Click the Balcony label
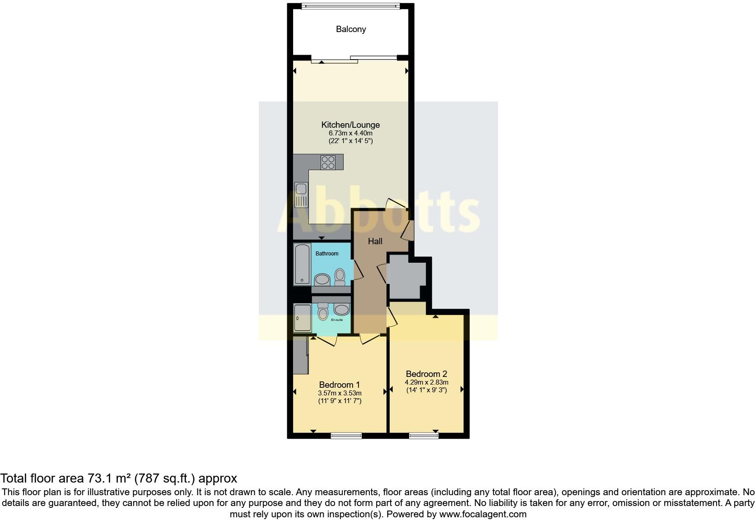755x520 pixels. pos(350,29)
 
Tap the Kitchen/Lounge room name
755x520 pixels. pos(350,125)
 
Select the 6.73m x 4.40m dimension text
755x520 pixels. pos(350,133)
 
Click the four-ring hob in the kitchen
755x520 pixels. pos(328,162)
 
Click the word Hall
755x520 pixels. pos(375,241)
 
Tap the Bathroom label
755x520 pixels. pos(326,254)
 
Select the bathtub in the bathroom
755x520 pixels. pos(302,264)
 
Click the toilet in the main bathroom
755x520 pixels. pos(340,276)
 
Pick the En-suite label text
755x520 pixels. pos(336,320)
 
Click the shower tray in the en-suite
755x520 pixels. pos(302,318)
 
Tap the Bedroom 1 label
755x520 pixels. pos(339,385)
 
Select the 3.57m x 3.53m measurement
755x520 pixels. pos(339,393)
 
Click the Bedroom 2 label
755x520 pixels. pos(426,374)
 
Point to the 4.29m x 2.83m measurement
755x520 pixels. pos(426,382)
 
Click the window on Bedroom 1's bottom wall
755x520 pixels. pos(346,436)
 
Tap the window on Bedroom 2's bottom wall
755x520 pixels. pos(424,436)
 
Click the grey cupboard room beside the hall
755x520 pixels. pos(406,276)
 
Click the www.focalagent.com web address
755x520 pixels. pos(483,514)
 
